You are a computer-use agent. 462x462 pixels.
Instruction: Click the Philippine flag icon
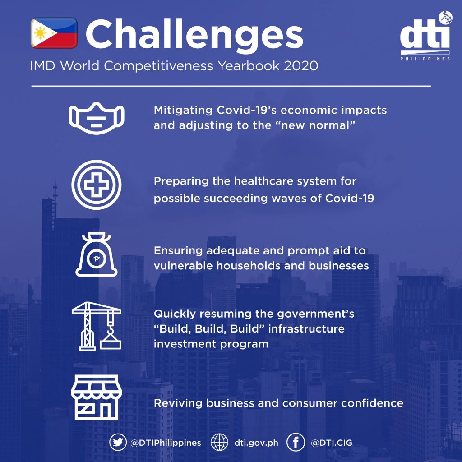click(54, 32)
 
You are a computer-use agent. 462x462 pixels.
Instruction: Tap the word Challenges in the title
click(194, 35)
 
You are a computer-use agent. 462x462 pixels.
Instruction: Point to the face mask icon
click(97, 118)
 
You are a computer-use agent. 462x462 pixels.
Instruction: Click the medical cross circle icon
click(97, 185)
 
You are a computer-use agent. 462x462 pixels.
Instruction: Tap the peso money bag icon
click(97, 254)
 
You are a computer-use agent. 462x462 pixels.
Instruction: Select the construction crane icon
click(97, 326)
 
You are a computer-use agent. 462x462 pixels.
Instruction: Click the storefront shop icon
click(97, 397)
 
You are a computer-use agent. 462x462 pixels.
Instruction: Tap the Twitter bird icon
click(118, 443)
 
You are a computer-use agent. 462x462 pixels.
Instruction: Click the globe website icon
click(220, 443)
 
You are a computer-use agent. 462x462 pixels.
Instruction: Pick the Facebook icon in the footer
click(296, 443)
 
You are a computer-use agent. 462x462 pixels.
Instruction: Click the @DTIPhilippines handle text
click(166, 443)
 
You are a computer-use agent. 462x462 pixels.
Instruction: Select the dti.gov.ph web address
click(256, 443)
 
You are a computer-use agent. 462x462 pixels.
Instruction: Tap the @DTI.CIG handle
click(332, 443)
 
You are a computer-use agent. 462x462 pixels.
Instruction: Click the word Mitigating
click(183, 111)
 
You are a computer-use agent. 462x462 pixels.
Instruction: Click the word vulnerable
click(183, 266)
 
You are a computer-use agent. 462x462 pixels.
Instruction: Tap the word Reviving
click(178, 403)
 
